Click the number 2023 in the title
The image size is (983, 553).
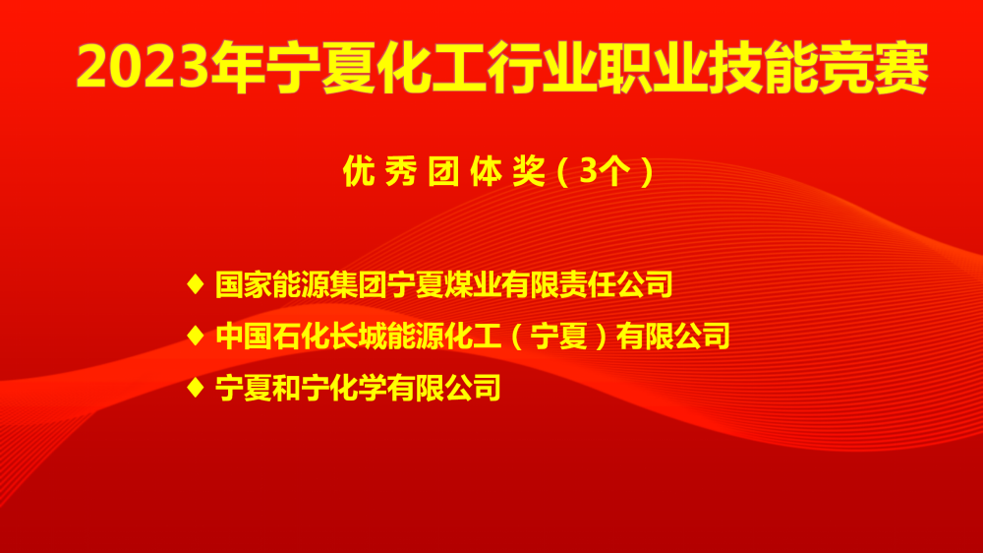pyautogui.click(x=143, y=67)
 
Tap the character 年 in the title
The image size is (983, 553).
pyautogui.click(x=237, y=67)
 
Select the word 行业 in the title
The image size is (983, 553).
pyautogui.click(x=541, y=67)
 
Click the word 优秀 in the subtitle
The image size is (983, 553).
pyautogui.click(x=379, y=171)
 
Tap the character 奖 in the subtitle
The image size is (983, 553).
pyautogui.click(x=529, y=171)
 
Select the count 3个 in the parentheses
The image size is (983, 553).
pyautogui.click(x=605, y=171)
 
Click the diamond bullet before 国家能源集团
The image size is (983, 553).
pyautogui.click(x=196, y=283)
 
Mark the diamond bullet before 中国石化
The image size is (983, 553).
pyautogui.click(x=196, y=336)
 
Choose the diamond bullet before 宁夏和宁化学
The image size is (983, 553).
pyautogui.click(x=196, y=388)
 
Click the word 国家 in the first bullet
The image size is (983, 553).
pyautogui.click(x=243, y=284)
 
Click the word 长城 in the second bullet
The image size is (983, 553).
pyautogui.click(x=358, y=337)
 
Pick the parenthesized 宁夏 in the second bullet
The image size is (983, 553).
pyautogui.click(x=558, y=337)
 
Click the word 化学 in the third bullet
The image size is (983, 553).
pyautogui.click(x=358, y=388)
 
